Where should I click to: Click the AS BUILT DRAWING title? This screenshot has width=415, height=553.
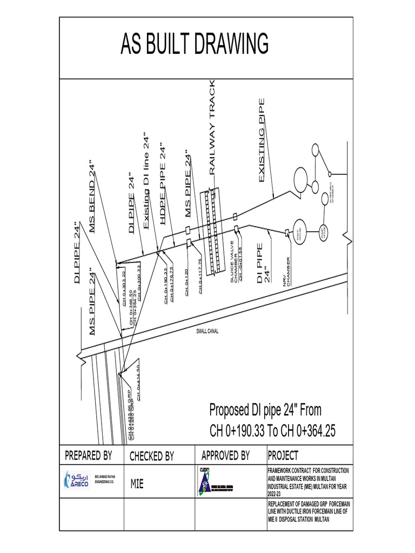click(x=195, y=44)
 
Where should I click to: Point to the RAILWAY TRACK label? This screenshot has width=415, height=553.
click(x=212, y=127)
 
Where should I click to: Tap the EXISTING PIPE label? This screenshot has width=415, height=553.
click(x=263, y=140)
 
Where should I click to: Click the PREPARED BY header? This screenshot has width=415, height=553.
click(x=89, y=456)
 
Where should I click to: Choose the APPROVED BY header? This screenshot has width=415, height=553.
click(x=225, y=456)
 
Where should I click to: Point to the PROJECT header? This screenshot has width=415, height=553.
click(x=283, y=456)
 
